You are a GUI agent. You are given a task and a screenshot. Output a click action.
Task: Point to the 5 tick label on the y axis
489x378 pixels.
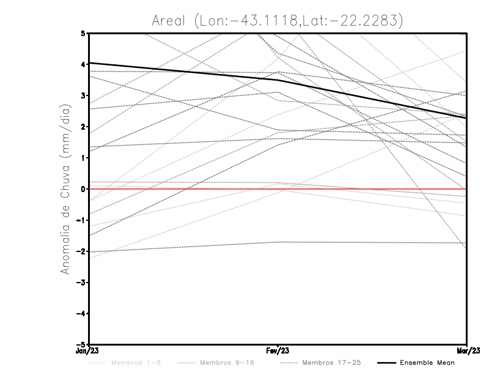pyautogui.click(x=83, y=33)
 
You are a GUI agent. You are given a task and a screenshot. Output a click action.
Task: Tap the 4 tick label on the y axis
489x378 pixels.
pyautogui.click(x=83, y=64)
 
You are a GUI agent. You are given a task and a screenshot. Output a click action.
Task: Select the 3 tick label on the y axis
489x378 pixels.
pyautogui.click(x=83, y=95)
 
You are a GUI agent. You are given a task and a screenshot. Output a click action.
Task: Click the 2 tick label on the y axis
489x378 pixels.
pyautogui.click(x=83, y=127)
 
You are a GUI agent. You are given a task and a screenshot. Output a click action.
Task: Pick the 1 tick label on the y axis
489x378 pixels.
pyautogui.click(x=83, y=158)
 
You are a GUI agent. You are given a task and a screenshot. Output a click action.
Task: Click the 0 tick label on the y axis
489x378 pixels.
pyautogui.click(x=83, y=189)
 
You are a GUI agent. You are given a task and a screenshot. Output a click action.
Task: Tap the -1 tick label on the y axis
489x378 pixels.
pyautogui.click(x=81, y=220)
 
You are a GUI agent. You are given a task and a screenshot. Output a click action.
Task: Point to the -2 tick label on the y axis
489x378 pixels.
pyautogui.click(x=81, y=251)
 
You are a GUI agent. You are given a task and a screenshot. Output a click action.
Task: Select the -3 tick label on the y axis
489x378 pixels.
pyautogui.click(x=81, y=283)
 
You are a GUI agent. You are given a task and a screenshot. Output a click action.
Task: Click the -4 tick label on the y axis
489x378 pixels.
pyautogui.click(x=81, y=314)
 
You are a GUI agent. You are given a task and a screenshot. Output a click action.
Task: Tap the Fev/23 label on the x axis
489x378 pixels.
pyautogui.click(x=278, y=351)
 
